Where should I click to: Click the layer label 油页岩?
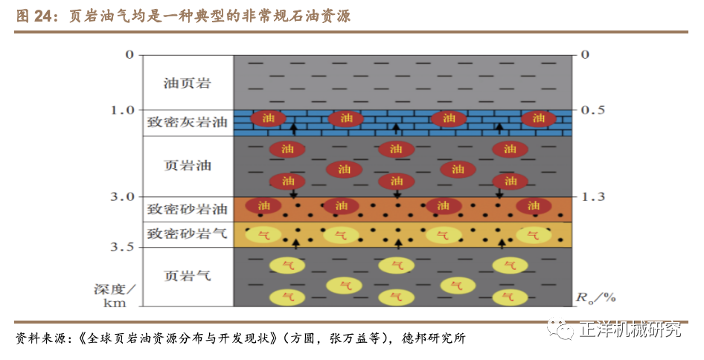(x=188, y=83)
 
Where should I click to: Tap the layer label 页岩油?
(x=188, y=165)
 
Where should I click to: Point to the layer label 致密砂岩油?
(x=188, y=209)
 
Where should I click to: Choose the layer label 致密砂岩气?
(x=188, y=234)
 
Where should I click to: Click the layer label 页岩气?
(x=188, y=276)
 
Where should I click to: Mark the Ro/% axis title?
(x=596, y=298)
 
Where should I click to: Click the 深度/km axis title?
(x=115, y=296)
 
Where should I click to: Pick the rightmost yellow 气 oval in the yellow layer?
(x=534, y=235)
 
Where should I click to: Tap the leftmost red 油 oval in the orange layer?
(x=262, y=205)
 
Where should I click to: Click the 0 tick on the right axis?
(x=585, y=55)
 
